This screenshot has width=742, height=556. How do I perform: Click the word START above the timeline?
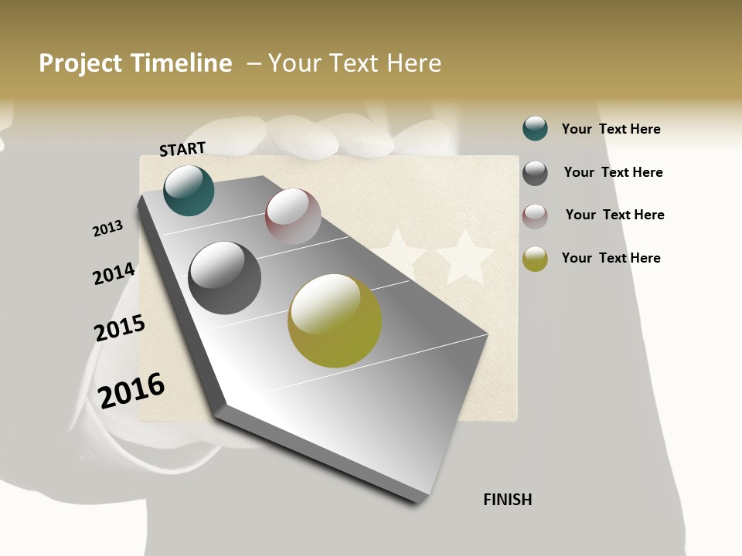182,149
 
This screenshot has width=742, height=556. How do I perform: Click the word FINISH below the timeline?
507,500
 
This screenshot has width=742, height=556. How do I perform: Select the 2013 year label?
107,229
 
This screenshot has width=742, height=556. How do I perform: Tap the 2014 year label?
114,273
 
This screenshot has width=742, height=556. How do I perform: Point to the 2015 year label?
120,328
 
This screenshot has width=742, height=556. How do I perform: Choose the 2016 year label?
131,390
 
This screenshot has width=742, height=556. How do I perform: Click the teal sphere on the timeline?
189,191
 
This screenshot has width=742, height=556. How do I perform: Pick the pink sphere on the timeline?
293,216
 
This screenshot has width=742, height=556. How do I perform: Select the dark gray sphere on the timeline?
224,278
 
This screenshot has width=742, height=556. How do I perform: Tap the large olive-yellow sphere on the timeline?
335,320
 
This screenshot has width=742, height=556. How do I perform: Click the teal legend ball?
535,128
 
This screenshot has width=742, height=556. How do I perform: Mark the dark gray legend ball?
535,173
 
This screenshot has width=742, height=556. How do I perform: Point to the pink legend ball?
535,216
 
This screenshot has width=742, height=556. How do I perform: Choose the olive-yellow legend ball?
535,259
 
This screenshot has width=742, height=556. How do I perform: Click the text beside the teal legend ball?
611,129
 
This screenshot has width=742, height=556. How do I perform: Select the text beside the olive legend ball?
611,258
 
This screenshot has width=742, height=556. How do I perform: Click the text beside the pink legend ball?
614,215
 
